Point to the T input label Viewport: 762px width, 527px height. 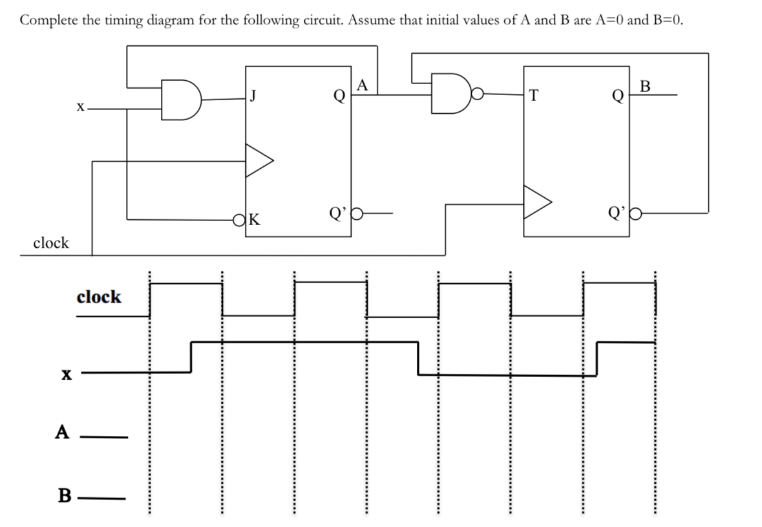[532, 96]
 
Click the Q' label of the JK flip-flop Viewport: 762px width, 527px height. [337, 212]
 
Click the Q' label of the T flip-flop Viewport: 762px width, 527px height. [616, 212]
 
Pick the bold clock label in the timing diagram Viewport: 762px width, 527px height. [98, 297]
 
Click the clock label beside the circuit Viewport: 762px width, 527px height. [50, 243]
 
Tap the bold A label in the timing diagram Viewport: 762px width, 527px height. [62, 432]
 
